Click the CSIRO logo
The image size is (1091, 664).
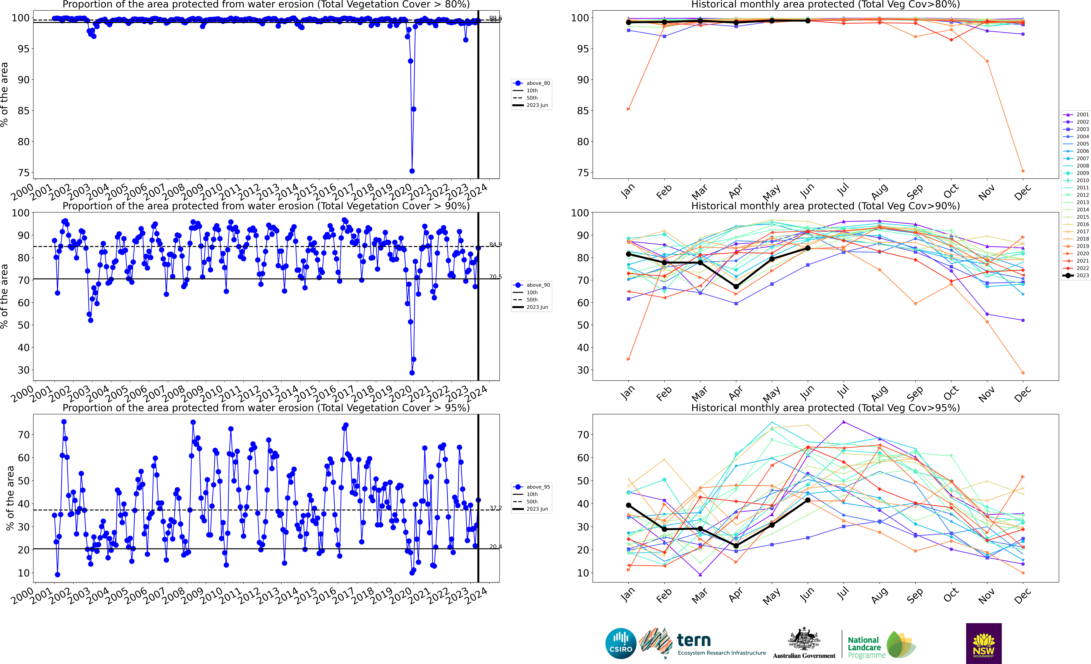pyautogui.click(x=620, y=643)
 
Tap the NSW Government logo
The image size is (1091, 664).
pyautogui.click(x=983, y=643)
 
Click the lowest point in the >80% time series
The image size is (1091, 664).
pyautogui.click(x=412, y=171)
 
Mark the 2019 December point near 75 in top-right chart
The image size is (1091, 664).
pyautogui.click(x=1023, y=171)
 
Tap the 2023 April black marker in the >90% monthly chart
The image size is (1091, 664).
pyautogui.click(x=736, y=287)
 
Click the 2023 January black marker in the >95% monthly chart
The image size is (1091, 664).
pyautogui.click(x=628, y=505)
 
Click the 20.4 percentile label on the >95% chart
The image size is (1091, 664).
pyautogui.click(x=496, y=547)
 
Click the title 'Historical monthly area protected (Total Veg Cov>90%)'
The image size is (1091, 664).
pyautogui.click(x=825, y=206)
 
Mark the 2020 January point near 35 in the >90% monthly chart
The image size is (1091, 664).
pyautogui.click(x=628, y=359)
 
